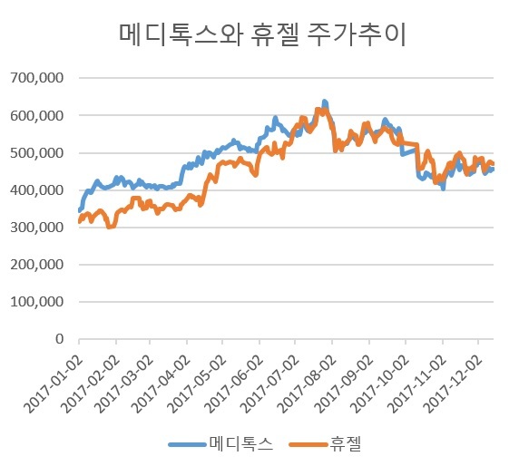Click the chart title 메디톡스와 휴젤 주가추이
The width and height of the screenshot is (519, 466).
(262, 34)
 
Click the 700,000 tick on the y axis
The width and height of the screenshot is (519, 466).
(36, 78)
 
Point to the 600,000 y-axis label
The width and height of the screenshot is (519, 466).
(36, 116)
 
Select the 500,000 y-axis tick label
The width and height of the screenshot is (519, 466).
(36, 153)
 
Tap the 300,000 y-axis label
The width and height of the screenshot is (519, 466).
(36, 228)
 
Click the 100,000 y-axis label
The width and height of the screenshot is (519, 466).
(36, 302)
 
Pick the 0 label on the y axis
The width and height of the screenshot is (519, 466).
(60, 339)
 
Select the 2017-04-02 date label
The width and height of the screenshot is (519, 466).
(162, 383)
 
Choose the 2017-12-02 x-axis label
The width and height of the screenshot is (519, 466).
(453, 383)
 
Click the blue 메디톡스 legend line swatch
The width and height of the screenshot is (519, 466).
(187, 444)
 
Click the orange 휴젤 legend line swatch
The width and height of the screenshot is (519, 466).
(308, 444)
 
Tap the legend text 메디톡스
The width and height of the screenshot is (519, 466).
(241, 444)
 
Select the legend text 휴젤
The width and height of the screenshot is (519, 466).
(345, 444)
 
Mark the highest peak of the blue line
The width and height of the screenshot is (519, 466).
(325, 102)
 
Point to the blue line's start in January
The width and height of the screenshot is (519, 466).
(80, 210)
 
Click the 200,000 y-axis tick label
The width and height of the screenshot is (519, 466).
(36, 265)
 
